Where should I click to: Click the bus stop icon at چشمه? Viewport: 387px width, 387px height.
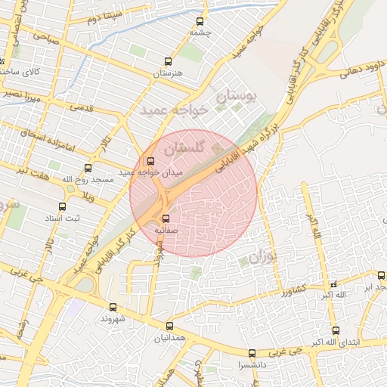pos(200,22)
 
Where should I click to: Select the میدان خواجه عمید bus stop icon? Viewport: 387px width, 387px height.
pos(150,160)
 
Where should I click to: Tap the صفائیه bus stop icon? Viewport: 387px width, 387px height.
pos(166,218)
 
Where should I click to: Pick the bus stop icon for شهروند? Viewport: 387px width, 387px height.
pos(113,307)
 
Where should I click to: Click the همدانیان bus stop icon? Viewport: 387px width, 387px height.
pos(169,326)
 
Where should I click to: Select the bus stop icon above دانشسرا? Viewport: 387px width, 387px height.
pos(252,353)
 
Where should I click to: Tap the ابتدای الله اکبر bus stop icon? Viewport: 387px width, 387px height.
pos(336,330)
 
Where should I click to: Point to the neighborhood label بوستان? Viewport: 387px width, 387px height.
pos(237,97)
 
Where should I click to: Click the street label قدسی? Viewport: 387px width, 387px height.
pos(82,107)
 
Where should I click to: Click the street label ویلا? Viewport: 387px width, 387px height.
pos(88,197)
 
